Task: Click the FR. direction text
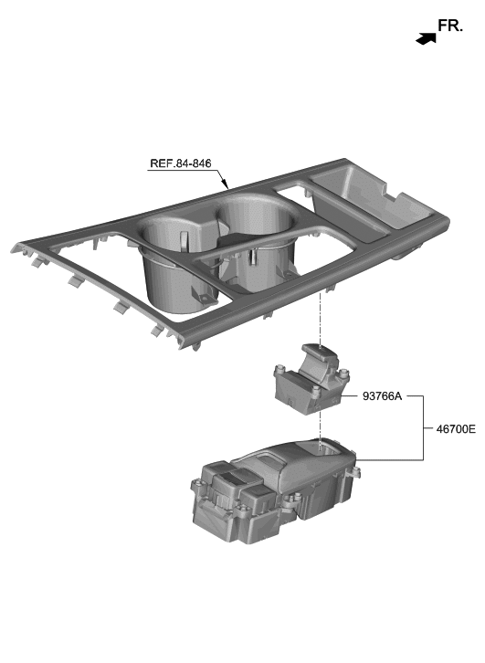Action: pyautogui.click(x=450, y=26)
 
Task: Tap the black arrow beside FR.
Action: pyautogui.click(x=424, y=38)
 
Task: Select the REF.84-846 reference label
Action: pyautogui.click(x=180, y=164)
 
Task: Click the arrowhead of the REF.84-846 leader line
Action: pyautogui.click(x=224, y=189)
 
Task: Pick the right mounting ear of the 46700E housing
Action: pyautogui.click(x=355, y=472)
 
